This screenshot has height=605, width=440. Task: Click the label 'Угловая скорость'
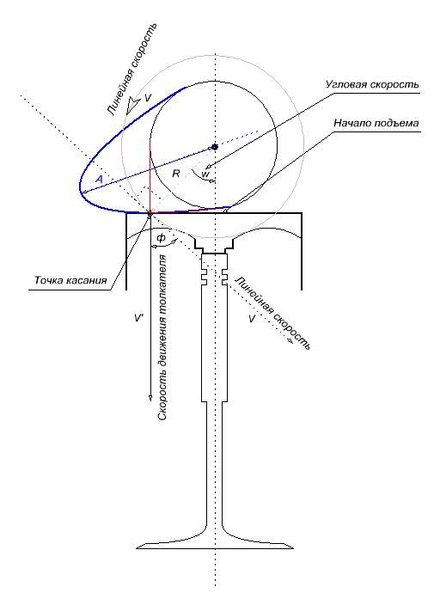372,84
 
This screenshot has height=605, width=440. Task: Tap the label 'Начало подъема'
376,123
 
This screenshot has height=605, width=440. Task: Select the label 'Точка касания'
70,280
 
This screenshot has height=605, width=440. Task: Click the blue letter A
99,179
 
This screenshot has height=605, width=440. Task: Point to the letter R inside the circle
176,174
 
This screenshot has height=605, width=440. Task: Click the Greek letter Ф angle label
161,238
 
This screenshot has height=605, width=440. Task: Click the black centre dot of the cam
215,147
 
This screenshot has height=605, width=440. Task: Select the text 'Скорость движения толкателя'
163,338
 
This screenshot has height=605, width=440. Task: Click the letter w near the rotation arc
205,174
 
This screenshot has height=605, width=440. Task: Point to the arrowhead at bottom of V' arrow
150,398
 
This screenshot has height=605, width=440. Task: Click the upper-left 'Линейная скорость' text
132,69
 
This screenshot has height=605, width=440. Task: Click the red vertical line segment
150,176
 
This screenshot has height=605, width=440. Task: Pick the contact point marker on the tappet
150,212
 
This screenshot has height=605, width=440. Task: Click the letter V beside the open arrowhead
148,98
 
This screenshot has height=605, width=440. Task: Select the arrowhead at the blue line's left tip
83,192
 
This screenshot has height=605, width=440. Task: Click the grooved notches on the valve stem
213,272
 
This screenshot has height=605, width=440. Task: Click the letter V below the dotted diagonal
252,319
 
